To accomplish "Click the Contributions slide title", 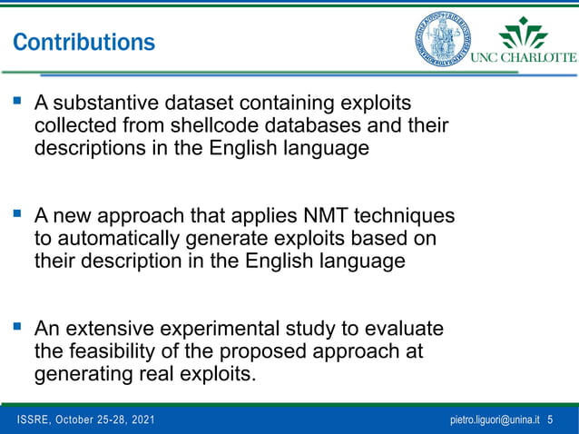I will (83, 42).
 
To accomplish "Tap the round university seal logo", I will (444, 38).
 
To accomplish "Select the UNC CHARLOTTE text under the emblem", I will (523, 56).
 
